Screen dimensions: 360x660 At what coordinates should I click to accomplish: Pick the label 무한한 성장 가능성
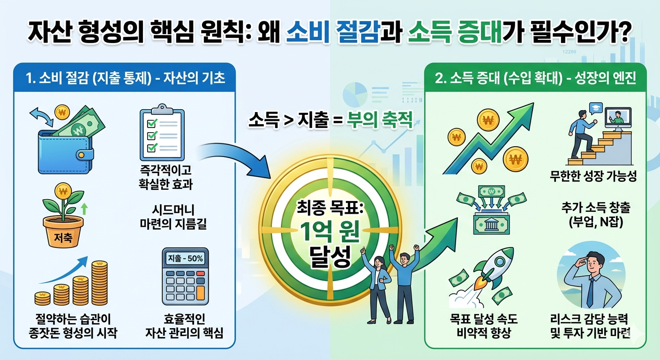pos(593,178)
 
